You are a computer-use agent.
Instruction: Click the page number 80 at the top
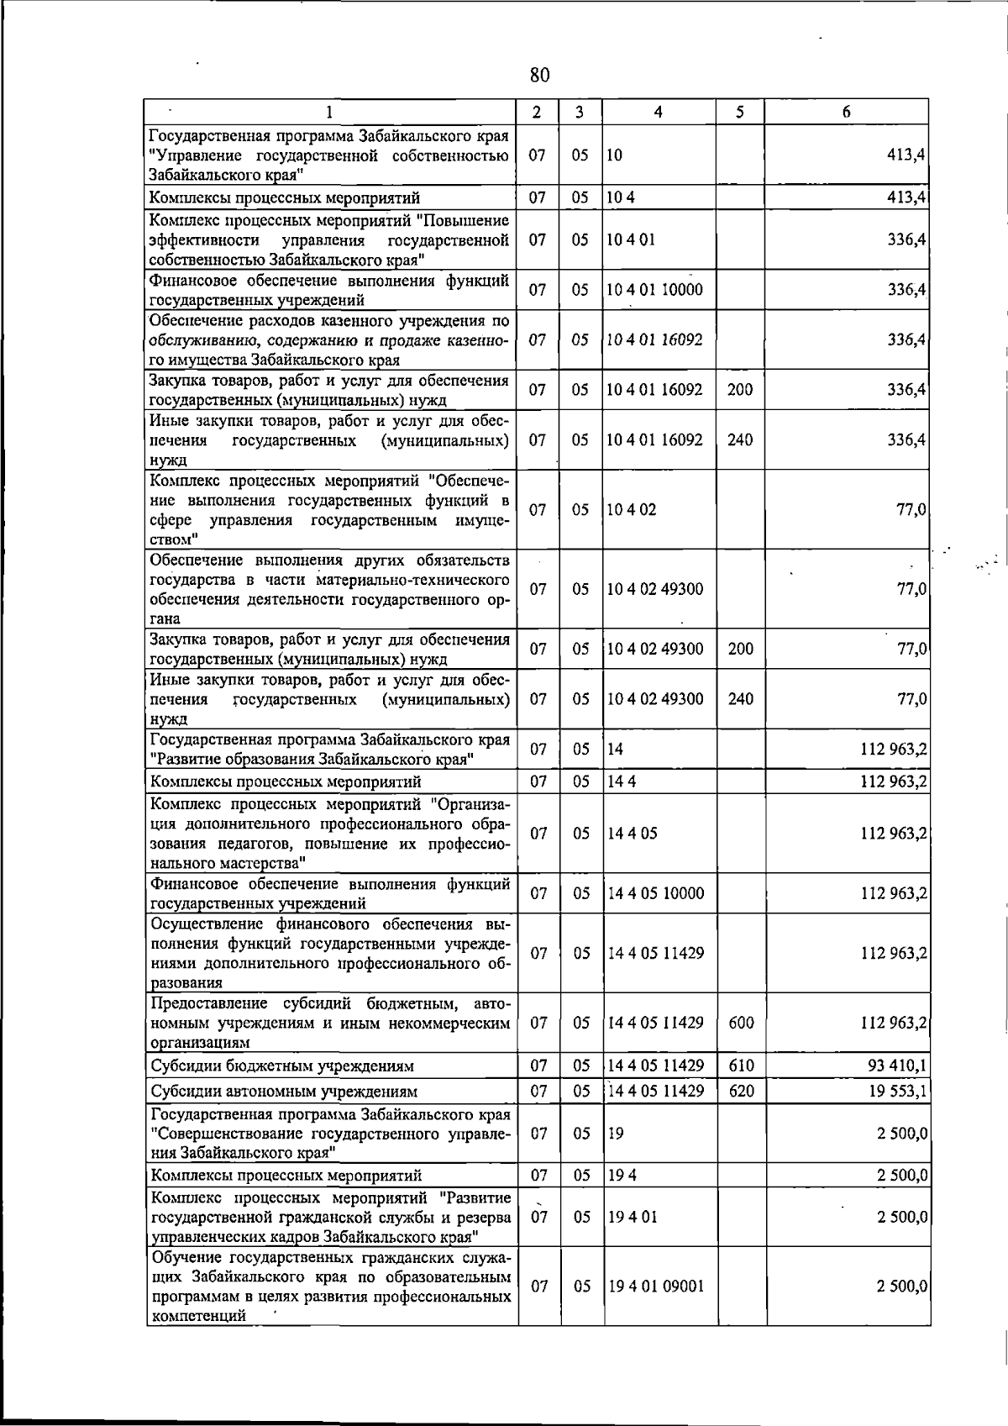540,75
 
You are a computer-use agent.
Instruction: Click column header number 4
659,112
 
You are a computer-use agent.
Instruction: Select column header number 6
846,112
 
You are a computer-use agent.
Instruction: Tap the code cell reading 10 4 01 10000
654,290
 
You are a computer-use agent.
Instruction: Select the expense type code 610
740,1066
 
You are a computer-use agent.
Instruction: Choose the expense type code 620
740,1091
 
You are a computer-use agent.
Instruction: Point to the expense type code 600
740,1023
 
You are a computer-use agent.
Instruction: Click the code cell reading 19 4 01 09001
655,1287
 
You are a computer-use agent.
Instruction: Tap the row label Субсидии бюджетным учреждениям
282,1066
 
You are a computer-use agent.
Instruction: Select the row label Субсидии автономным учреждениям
284,1092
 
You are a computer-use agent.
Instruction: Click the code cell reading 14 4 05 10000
655,893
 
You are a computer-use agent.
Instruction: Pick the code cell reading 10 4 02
632,510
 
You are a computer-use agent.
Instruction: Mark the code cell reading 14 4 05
632,833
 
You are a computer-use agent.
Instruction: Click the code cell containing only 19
616,1133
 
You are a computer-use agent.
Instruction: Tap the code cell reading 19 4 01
632,1217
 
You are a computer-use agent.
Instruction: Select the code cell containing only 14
616,749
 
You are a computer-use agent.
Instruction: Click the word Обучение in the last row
184,1257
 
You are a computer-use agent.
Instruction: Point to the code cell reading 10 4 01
631,239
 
